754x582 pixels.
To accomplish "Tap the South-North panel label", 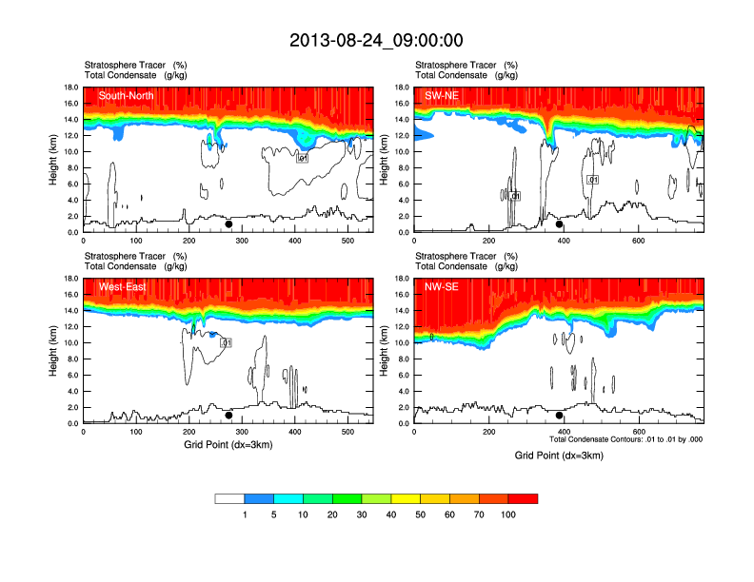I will [x=127, y=95].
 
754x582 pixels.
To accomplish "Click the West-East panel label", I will [x=122, y=286].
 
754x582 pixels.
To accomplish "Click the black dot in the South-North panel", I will [x=228, y=225].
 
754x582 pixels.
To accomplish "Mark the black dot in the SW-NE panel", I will [x=560, y=224].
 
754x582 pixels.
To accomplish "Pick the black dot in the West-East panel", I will [x=228, y=416].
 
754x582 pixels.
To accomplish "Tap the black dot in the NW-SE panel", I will [x=560, y=416].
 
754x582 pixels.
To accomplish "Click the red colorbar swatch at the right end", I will [x=523, y=498].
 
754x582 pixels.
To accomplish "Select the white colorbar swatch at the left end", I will [x=229, y=498].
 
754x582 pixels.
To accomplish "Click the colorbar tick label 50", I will [x=421, y=514].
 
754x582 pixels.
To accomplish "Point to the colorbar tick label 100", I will [x=508, y=514].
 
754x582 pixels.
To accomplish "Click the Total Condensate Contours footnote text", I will [x=626, y=439].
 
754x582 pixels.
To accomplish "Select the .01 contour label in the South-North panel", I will [x=303, y=158].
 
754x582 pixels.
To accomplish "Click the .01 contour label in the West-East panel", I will [x=227, y=342].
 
